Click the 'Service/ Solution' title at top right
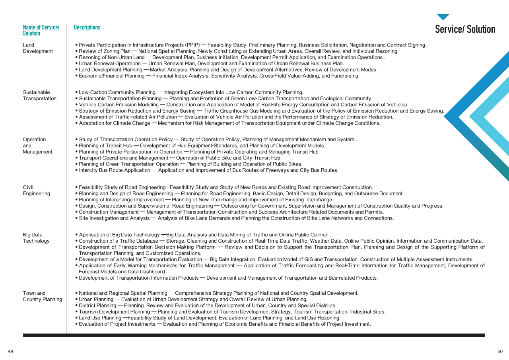pos(465,29)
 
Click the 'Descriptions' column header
pos(87,27)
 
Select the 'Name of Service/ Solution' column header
pos(41,30)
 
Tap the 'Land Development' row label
pos(38,48)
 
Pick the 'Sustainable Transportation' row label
pos(39,95)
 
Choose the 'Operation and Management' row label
pos(37,146)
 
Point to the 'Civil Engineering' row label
pos(36,190)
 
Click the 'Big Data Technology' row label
pos(36,238)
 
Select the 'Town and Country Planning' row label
pos(42,296)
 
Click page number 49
pos(10,352)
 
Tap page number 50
pos(500,352)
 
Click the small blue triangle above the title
pos(443,17)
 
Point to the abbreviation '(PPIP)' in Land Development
pos(192,45)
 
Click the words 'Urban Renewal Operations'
pos(110,64)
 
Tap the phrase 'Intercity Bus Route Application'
pos(114,170)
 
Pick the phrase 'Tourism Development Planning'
pos(114,312)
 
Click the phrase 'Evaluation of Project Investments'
pos(117,324)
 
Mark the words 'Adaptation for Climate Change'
pos(114,123)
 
